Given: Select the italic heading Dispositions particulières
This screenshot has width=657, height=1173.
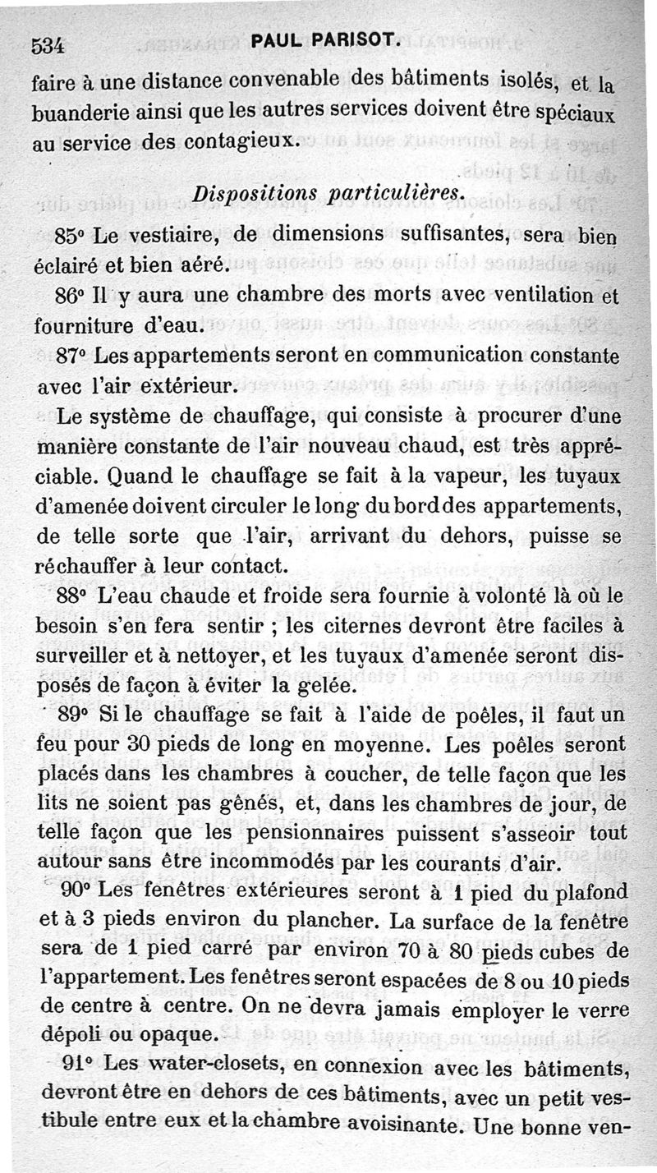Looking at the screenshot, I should click(328, 195).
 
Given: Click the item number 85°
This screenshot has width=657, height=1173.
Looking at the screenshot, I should click(71, 236).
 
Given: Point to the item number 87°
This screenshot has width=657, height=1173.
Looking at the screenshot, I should click(71, 356).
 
